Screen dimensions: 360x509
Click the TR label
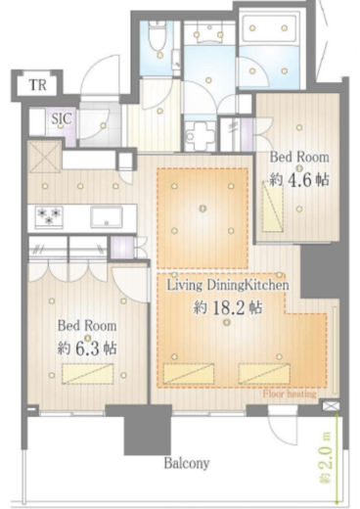(x=38, y=85)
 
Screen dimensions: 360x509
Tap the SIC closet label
(x=62, y=118)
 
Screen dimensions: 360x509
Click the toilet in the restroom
(x=157, y=35)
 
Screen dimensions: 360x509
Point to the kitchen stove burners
(x=49, y=216)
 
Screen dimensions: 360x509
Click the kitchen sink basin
(x=107, y=217)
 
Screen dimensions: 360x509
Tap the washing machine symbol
(x=200, y=135)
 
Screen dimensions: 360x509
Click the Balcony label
(x=187, y=463)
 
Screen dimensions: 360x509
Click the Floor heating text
(x=290, y=393)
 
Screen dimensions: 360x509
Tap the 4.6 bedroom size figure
(x=299, y=180)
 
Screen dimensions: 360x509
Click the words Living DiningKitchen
(x=228, y=285)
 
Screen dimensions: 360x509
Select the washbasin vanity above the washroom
(x=209, y=33)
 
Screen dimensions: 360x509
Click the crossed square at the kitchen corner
(x=44, y=156)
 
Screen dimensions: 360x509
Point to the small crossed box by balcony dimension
(x=331, y=406)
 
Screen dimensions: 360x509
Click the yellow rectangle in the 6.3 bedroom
(x=88, y=374)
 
